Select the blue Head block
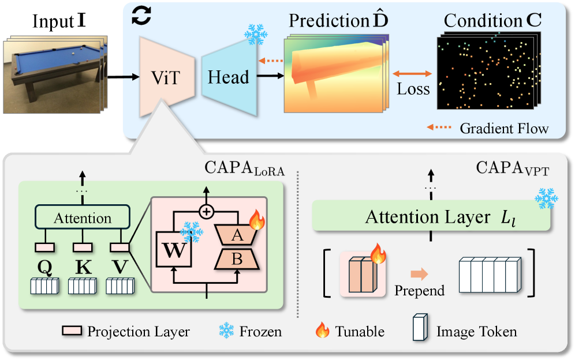click(229, 77)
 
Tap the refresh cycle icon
click(141, 16)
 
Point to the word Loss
click(413, 89)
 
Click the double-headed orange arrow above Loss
click(412, 74)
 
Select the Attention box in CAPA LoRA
click(83, 219)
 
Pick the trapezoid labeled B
click(237, 260)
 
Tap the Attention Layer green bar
click(430, 217)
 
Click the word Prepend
click(419, 290)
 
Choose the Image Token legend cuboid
click(420, 331)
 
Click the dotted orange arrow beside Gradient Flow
click(439, 127)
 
